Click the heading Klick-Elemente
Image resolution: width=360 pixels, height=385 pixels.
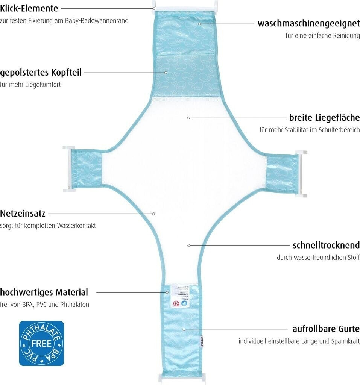pos(29,8)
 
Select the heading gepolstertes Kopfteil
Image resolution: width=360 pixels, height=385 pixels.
pos(41,72)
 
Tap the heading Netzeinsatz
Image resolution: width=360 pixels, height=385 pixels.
pos(23,214)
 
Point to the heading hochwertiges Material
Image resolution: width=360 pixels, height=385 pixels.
pos(44,292)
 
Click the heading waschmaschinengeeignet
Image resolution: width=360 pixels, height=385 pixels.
pos(308,23)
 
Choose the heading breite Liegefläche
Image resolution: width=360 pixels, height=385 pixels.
pos(324,117)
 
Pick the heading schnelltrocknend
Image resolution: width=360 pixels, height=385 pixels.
pos(326,245)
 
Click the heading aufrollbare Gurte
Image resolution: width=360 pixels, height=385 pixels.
pos(326,329)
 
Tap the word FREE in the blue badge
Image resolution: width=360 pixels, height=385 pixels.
pos(41,343)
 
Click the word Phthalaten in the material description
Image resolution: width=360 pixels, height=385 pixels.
pos(75,305)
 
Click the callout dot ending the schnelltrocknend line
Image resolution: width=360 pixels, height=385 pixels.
pos(189,245)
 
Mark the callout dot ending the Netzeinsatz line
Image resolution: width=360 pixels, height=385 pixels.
pos(154,214)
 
